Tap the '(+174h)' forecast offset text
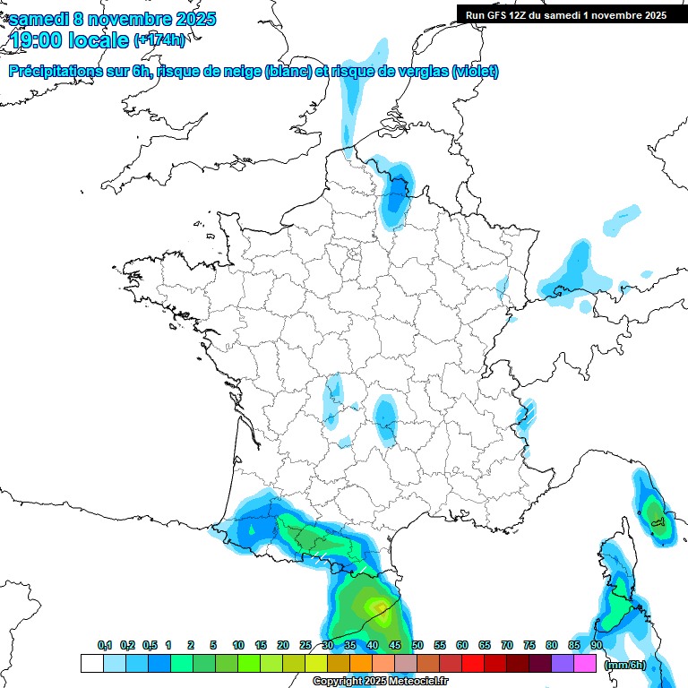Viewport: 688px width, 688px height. [159, 40]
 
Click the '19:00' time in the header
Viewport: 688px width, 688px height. [37, 40]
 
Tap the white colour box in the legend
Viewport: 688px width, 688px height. [91, 664]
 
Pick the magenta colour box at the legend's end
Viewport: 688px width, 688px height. [585, 664]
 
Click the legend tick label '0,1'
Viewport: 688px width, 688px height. [104, 646]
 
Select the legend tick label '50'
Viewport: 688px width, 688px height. [417, 646]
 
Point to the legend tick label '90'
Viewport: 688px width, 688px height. [597, 646]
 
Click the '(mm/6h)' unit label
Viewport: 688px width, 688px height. [625, 665]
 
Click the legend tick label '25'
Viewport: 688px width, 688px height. [305, 646]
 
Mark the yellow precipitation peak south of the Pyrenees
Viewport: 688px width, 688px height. [383, 613]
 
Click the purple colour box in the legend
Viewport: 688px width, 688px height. [563, 664]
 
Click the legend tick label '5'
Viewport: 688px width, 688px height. [213, 646]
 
